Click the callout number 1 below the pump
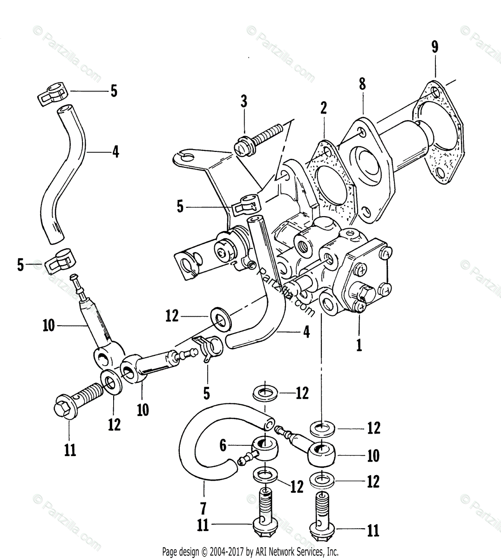[x=359, y=345]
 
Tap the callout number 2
[x=324, y=109]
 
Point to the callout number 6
[x=223, y=446]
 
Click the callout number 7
[x=203, y=507]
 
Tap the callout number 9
[x=434, y=47]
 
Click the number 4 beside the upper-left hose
[x=115, y=151]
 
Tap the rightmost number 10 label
[x=373, y=455]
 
